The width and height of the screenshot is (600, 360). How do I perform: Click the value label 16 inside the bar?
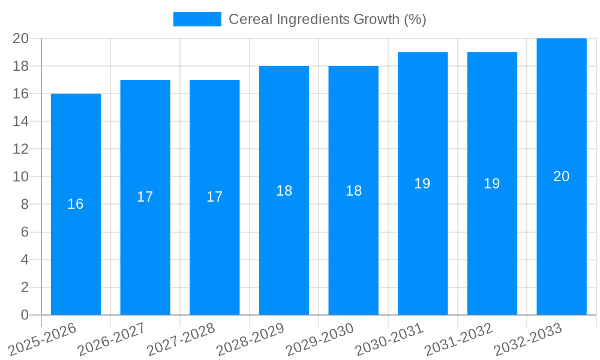pyautogui.click(x=76, y=204)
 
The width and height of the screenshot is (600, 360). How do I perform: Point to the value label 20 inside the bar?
pyautogui.click(x=561, y=176)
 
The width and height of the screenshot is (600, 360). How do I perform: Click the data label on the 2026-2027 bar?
pyautogui.click(x=145, y=197)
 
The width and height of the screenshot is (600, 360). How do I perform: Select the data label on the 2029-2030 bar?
pyautogui.click(x=353, y=191)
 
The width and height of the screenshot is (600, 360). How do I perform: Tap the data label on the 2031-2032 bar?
pyautogui.click(x=492, y=184)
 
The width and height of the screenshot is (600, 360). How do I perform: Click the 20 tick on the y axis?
pyautogui.click(x=21, y=38)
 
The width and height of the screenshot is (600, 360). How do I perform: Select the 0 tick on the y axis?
pyautogui.click(x=25, y=315)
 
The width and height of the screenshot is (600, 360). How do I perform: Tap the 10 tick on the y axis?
pyautogui.click(x=21, y=176)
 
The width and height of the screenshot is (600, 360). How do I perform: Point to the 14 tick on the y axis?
pyautogui.click(x=21, y=121)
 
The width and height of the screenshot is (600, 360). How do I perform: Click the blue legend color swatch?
pyautogui.click(x=197, y=19)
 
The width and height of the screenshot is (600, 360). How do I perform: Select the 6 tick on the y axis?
pyautogui.click(x=25, y=232)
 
